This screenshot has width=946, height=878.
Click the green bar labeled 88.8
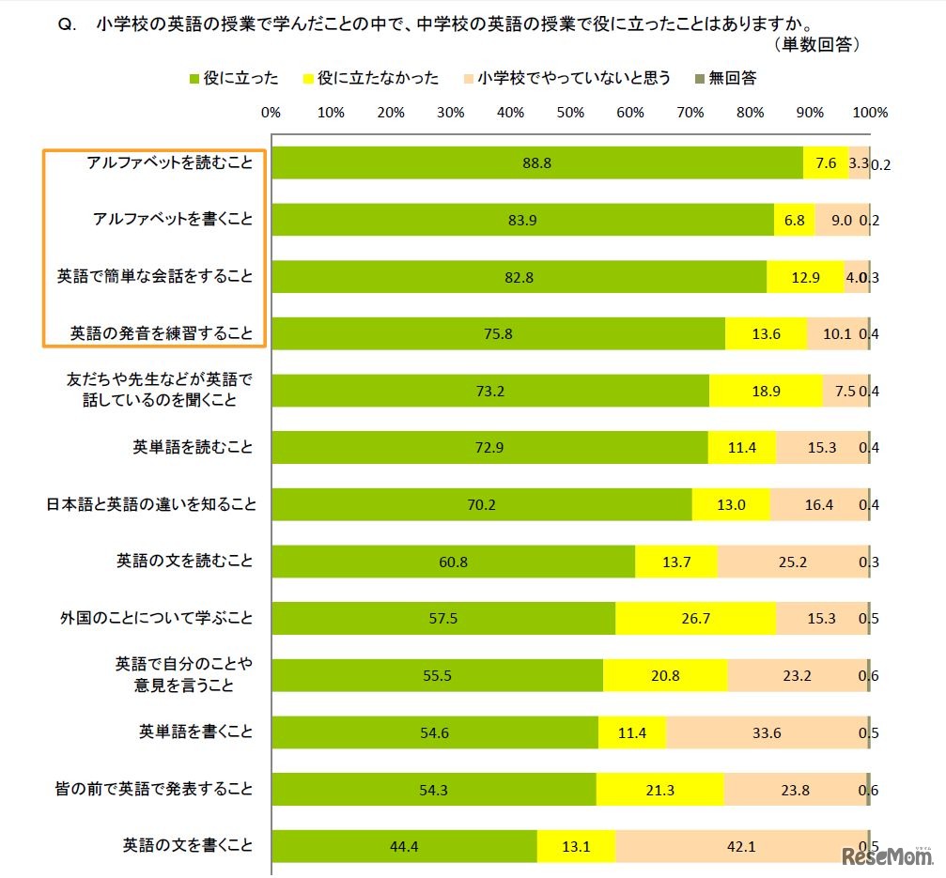tap(536, 163)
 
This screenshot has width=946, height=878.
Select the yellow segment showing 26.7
tap(695, 619)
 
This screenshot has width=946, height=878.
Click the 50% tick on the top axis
tap(570, 113)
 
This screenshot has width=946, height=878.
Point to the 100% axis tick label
tap(870, 113)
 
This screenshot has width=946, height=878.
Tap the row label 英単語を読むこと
tap(194, 448)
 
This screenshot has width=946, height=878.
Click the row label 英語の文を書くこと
tap(188, 845)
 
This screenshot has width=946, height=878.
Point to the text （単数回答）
tap(815, 44)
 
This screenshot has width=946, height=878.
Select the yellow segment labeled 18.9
tap(766, 391)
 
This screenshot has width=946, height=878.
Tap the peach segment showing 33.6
tap(766, 732)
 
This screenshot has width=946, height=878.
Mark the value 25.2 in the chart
tap(792, 562)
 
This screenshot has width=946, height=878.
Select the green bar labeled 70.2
tap(481, 504)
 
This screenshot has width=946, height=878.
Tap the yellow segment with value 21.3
tap(659, 789)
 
